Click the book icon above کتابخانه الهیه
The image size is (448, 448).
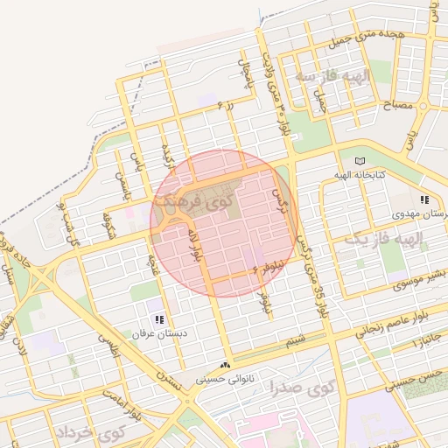[x=360, y=161]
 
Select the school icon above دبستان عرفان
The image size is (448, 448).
[x=158, y=320]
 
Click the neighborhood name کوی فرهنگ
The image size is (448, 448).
[x=186, y=200]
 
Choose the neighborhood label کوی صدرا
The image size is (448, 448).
[x=297, y=383]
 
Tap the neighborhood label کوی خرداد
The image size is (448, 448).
[x=91, y=433]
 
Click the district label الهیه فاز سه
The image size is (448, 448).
[x=332, y=77]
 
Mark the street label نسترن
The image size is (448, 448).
[x=169, y=377]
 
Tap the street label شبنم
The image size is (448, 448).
[x=296, y=339]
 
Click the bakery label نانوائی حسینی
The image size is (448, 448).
[x=227, y=380]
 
